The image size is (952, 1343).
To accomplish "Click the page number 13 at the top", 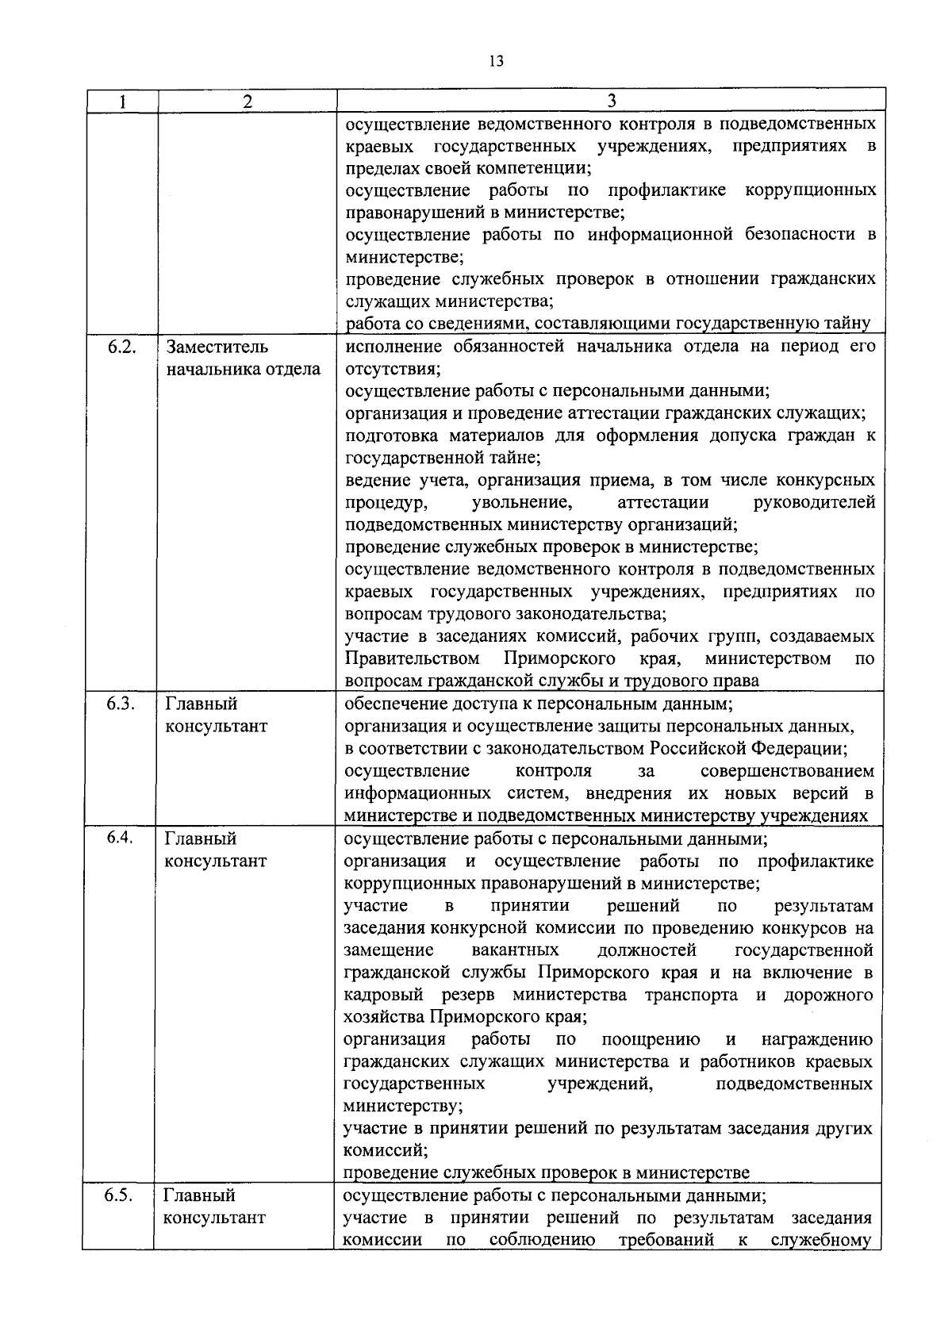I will (497, 61).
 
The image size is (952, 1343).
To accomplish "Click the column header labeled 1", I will (122, 101).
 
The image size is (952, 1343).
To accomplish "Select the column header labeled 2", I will (248, 101).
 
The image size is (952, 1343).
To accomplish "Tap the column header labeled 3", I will (611, 101).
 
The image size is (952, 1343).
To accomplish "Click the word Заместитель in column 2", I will (217, 347).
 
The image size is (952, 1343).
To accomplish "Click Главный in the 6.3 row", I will (201, 704).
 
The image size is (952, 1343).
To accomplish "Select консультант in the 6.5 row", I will (214, 1218).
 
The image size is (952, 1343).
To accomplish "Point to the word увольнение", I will (521, 502).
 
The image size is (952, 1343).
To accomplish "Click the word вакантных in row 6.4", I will (515, 950).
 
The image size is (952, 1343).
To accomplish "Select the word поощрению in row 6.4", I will (651, 1039).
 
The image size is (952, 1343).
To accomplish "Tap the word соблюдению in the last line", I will (542, 1240).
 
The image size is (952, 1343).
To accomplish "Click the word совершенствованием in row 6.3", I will (788, 771).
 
